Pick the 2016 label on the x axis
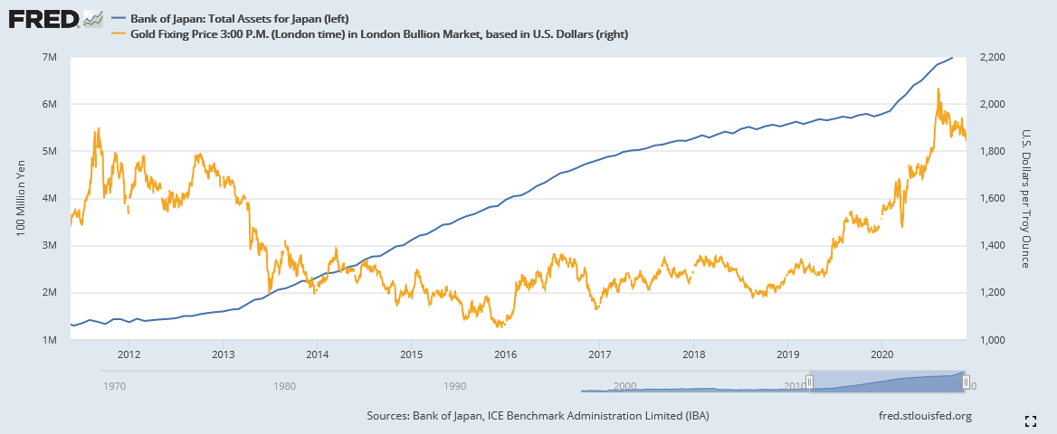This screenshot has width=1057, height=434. click(x=505, y=354)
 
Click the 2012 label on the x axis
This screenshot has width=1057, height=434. click(x=129, y=354)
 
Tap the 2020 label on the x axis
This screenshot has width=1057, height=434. click(x=882, y=354)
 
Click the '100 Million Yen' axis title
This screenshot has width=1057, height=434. click(x=20, y=199)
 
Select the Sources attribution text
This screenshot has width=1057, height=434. click(x=538, y=416)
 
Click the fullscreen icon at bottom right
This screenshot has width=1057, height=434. click(x=1030, y=420)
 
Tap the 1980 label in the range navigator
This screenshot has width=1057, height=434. click(x=284, y=386)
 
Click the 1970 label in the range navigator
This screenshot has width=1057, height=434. click(x=115, y=386)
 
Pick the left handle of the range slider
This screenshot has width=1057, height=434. click(x=811, y=382)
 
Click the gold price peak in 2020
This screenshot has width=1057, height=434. click(x=938, y=89)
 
